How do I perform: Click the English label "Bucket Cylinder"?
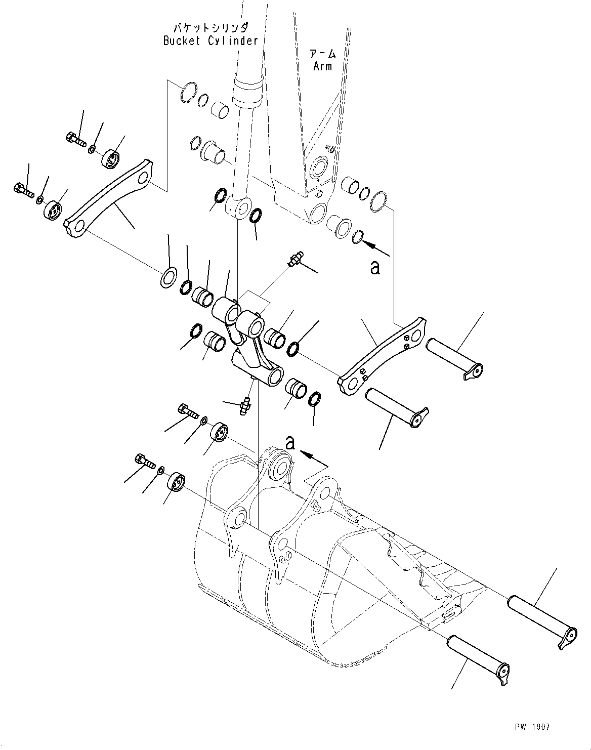(210, 41)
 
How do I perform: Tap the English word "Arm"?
(322, 66)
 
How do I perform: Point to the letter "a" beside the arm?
(374, 267)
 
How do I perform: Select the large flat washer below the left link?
(168, 278)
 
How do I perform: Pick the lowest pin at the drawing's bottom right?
(478, 657)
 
